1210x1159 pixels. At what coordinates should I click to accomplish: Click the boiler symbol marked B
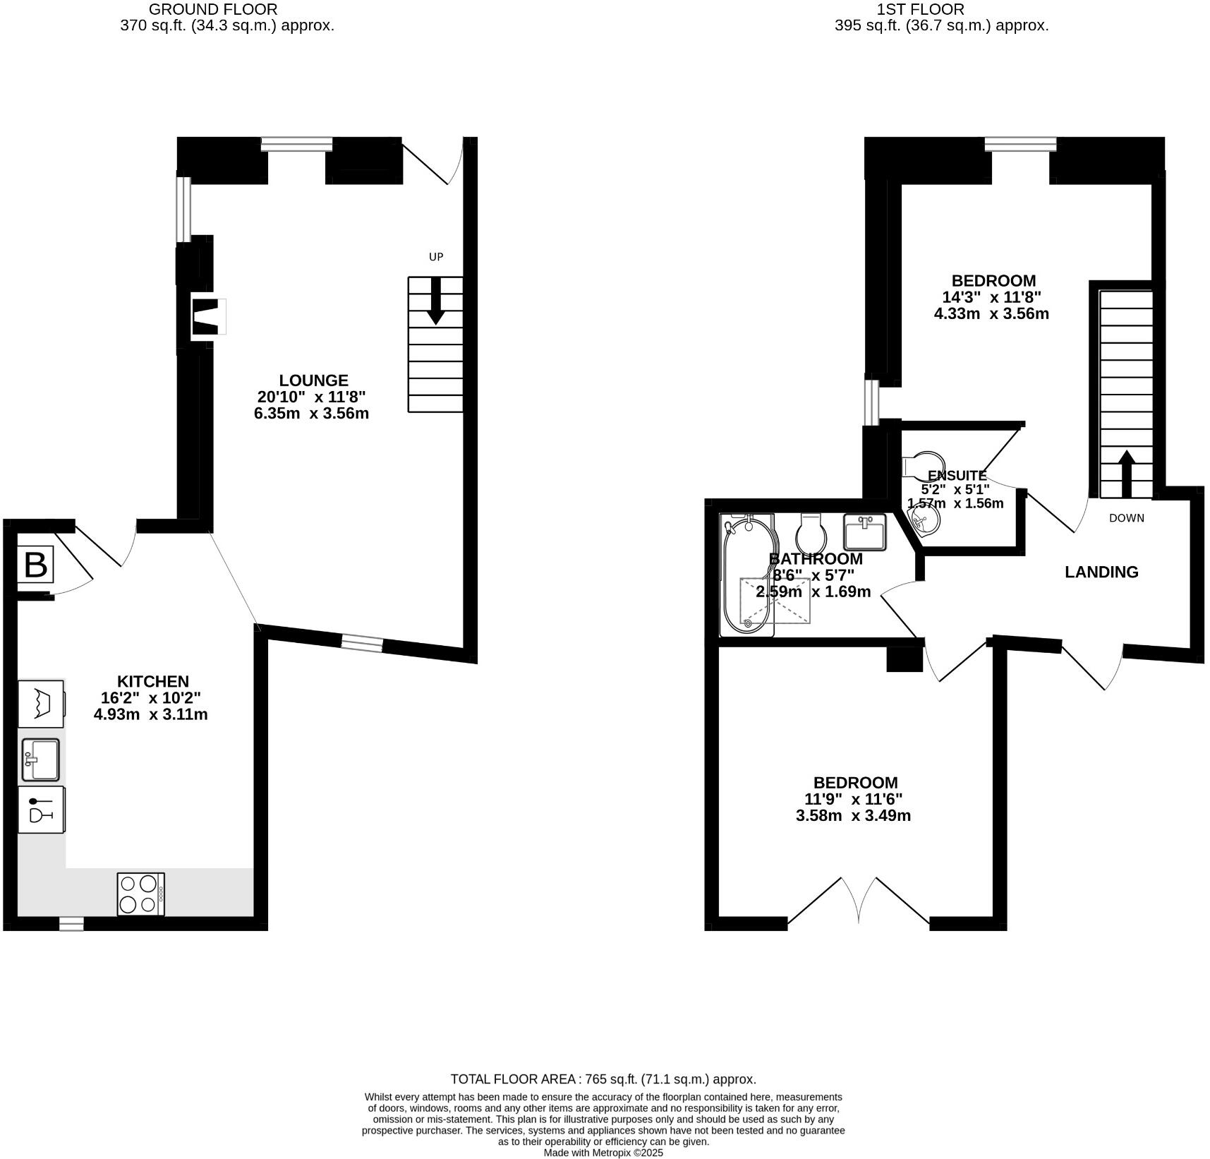click(x=35, y=565)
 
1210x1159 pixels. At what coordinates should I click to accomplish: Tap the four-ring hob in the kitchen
click(x=140, y=894)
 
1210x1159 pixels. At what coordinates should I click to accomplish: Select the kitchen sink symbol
click(x=40, y=759)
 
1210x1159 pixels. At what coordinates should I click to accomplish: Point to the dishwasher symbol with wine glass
click(x=41, y=810)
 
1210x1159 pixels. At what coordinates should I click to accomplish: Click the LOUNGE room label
click(x=313, y=380)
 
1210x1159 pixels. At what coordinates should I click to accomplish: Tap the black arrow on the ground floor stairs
click(x=435, y=301)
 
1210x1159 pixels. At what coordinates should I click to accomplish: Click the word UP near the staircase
click(x=436, y=257)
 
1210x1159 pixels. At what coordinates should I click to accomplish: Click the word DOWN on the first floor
click(x=1126, y=518)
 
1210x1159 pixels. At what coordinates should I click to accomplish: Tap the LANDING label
click(x=1101, y=572)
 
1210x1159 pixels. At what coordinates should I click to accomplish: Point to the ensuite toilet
click(x=921, y=465)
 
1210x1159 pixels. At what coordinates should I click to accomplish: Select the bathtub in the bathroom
click(x=746, y=575)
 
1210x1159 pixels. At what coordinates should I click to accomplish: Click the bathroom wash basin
click(x=865, y=532)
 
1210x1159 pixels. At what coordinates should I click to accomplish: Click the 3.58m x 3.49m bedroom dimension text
click(x=853, y=816)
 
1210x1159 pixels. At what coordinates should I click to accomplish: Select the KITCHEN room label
click(x=152, y=682)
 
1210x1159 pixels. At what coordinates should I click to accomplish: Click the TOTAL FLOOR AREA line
click(x=603, y=1079)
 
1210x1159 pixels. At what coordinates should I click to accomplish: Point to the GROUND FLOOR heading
click(x=212, y=10)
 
